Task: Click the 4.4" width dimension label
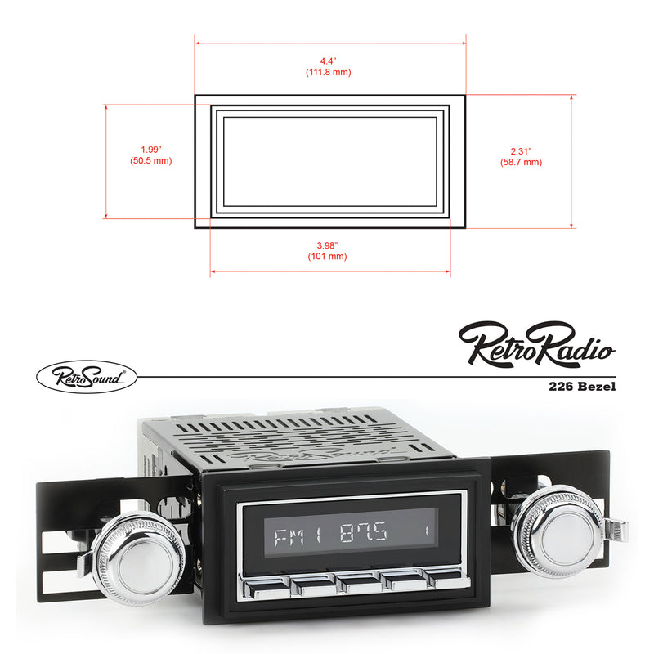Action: (330, 61)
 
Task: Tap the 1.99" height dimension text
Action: (150, 150)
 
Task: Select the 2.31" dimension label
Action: (521, 151)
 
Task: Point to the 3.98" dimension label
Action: (330, 245)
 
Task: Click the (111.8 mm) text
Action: (330, 73)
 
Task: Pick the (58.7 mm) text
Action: (521, 163)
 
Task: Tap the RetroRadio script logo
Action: (536, 343)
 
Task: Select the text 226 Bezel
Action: (582, 387)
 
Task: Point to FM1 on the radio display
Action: (288, 538)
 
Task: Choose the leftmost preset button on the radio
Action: (267, 584)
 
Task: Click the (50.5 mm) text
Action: (150, 161)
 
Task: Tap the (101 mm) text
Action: (330, 257)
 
